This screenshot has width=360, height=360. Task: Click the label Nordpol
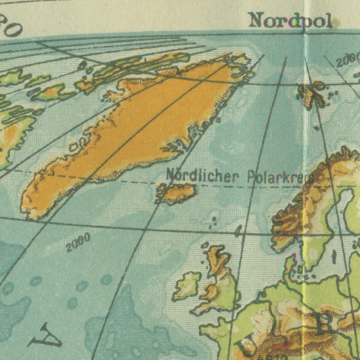(x=290, y=21)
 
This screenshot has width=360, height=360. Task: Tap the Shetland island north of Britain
(x=238, y=230)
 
